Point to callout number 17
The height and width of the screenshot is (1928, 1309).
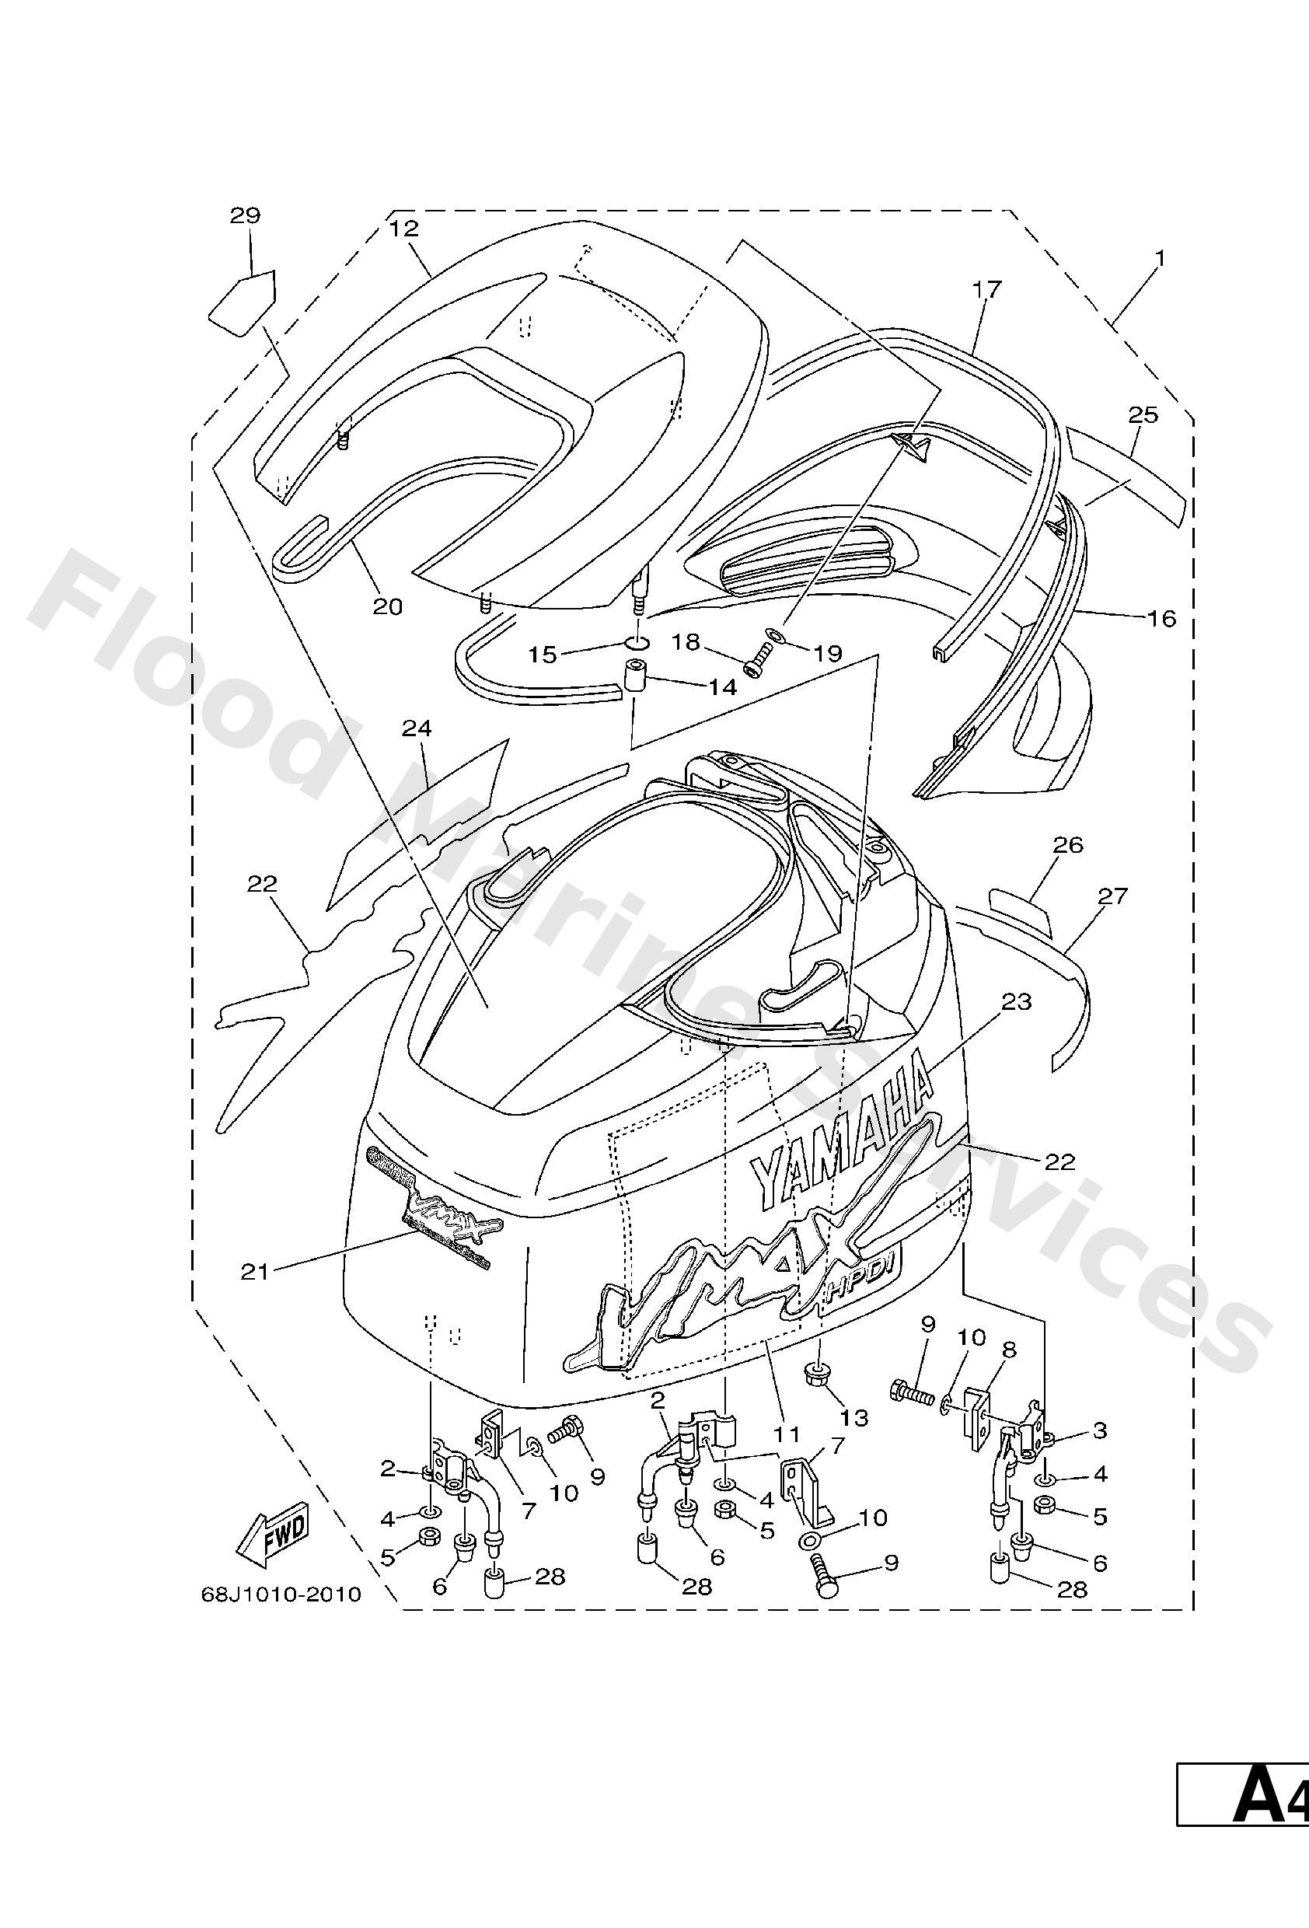[987, 288]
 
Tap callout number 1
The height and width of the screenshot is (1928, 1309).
[1160, 259]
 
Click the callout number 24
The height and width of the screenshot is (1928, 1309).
[417, 728]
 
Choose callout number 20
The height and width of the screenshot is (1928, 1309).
[387, 606]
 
